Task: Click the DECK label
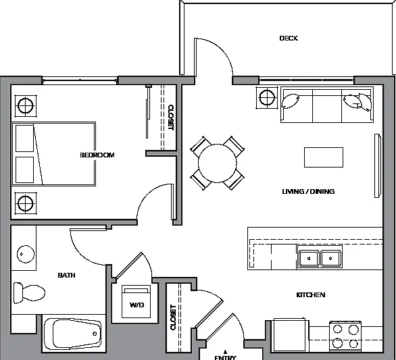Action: pyautogui.click(x=289, y=38)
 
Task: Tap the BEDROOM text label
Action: pyautogui.click(x=97, y=155)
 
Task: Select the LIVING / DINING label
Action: pyautogui.click(x=308, y=192)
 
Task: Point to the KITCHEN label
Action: pyautogui.click(x=311, y=295)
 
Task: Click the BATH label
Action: pyautogui.click(x=66, y=275)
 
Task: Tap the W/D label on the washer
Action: pyautogui.click(x=137, y=305)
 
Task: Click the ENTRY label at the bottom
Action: pyautogui.click(x=225, y=357)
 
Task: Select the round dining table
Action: pyautogui.click(x=218, y=163)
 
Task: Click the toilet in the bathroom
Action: pyautogui.click(x=29, y=293)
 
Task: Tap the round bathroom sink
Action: pyautogui.click(x=26, y=254)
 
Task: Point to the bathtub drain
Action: pyautogui.click(x=95, y=334)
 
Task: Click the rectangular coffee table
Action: pyautogui.click(x=324, y=157)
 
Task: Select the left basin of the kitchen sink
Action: pyautogui.click(x=309, y=259)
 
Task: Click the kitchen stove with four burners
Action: pyautogui.click(x=345, y=336)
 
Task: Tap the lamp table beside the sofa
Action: pyautogui.click(x=267, y=97)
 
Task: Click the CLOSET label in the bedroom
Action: pyautogui.click(x=171, y=118)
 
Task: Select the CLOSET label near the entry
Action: pyautogui.click(x=173, y=317)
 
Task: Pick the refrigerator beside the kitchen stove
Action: pyautogui.click(x=290, y=335)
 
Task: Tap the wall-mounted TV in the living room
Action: pyautogui.click(x=378, y=165)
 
